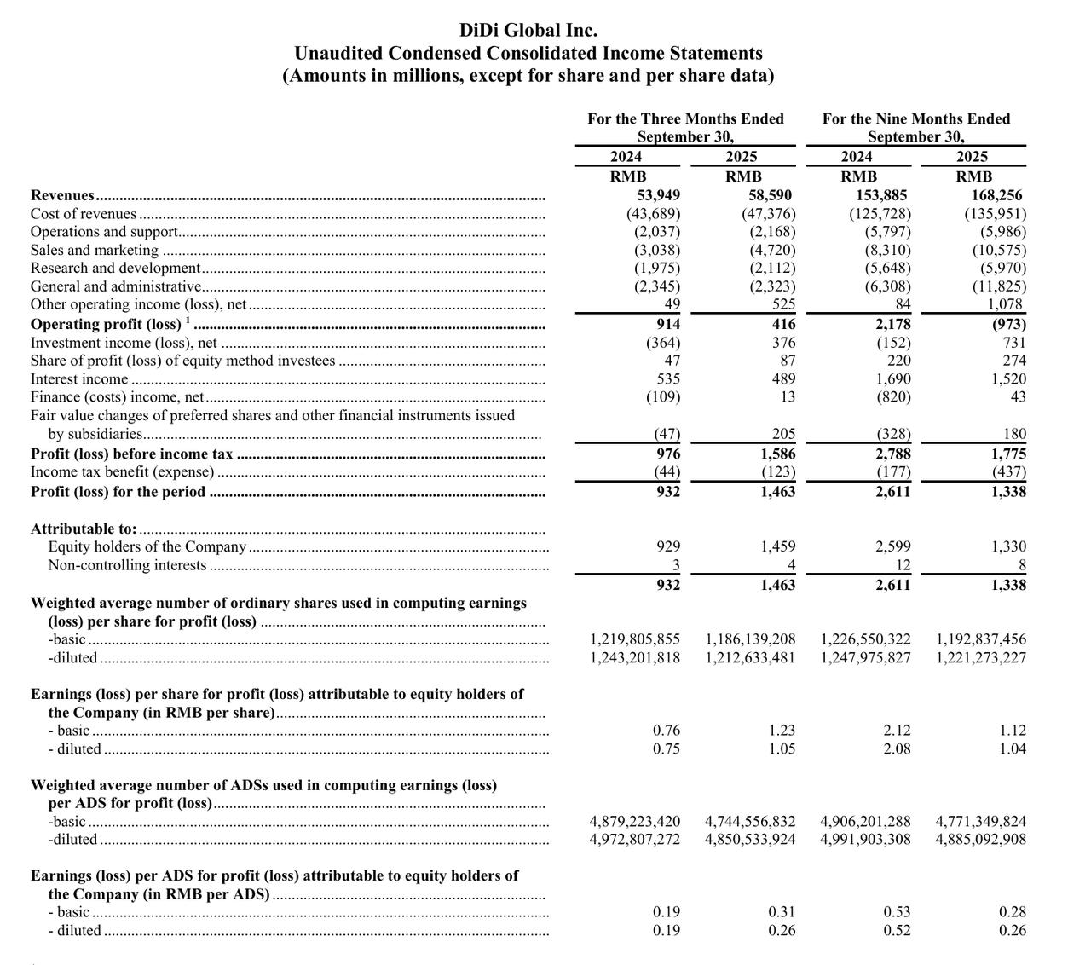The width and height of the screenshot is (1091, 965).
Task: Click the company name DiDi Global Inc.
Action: pyautogui.click(x=528, y=30)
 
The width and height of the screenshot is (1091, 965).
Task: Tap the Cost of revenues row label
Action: pyautogui.click(x=84, y=214)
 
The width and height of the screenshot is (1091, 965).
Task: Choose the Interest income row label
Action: pyautogui.click(x=79, y=378)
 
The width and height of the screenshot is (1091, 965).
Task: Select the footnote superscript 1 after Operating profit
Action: pyautogui.click(x=188, y=321)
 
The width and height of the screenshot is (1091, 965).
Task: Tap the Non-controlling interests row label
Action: pyautogui.click(x=128, y=565)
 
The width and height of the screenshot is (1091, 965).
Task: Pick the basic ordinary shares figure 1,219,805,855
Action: pyautogui.click(x=635, y=639)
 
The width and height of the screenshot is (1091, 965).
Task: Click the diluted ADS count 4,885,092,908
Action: pyautogui.click(x=980, y=839)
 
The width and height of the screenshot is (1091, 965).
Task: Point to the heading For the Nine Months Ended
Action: pyautogui.click(x=916, y=118)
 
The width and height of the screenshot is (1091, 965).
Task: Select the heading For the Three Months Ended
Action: pyautogui.click(x=685, y=118)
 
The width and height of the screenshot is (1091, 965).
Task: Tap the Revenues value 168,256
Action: pyautogui.click(x=997, y=195)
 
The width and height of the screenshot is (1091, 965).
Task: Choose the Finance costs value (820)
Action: pyautogui.click(x=892, y=396)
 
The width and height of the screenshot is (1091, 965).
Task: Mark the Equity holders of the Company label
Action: pyautogui.click(x=147, y=546)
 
